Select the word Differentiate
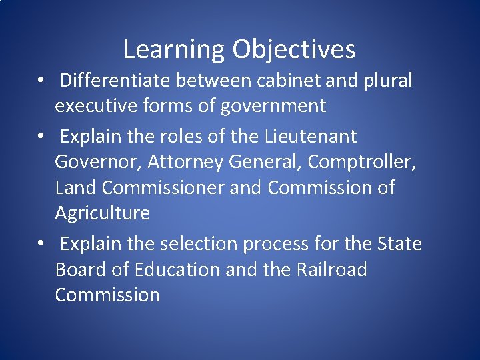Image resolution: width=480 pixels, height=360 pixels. (x=116, y=81)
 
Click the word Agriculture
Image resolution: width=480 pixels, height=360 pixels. (x=102, y=213)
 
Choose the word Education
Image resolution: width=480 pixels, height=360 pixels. (x=177, y=269)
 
